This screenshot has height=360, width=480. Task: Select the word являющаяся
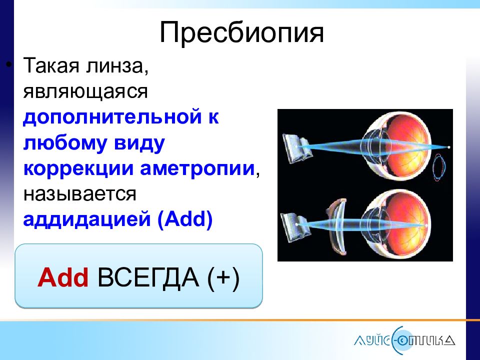[85, 91]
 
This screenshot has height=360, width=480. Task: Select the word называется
[79, 194]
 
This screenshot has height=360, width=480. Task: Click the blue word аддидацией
[87, 220]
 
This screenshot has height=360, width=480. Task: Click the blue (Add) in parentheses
[185, 219]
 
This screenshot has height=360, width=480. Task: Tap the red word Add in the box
[63, 277]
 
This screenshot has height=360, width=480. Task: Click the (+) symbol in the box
[223, 278]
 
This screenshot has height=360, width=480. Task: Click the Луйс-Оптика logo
[404, 340]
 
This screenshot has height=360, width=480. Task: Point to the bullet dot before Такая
[9, 65]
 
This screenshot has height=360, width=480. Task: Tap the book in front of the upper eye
[296, 148]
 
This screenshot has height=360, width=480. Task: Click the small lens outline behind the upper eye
[439, 168]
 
